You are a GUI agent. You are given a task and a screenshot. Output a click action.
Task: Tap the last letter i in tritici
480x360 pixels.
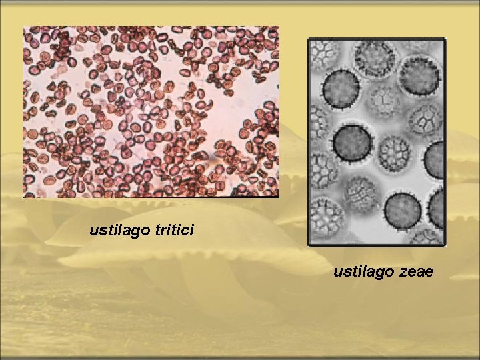(191, 231)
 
